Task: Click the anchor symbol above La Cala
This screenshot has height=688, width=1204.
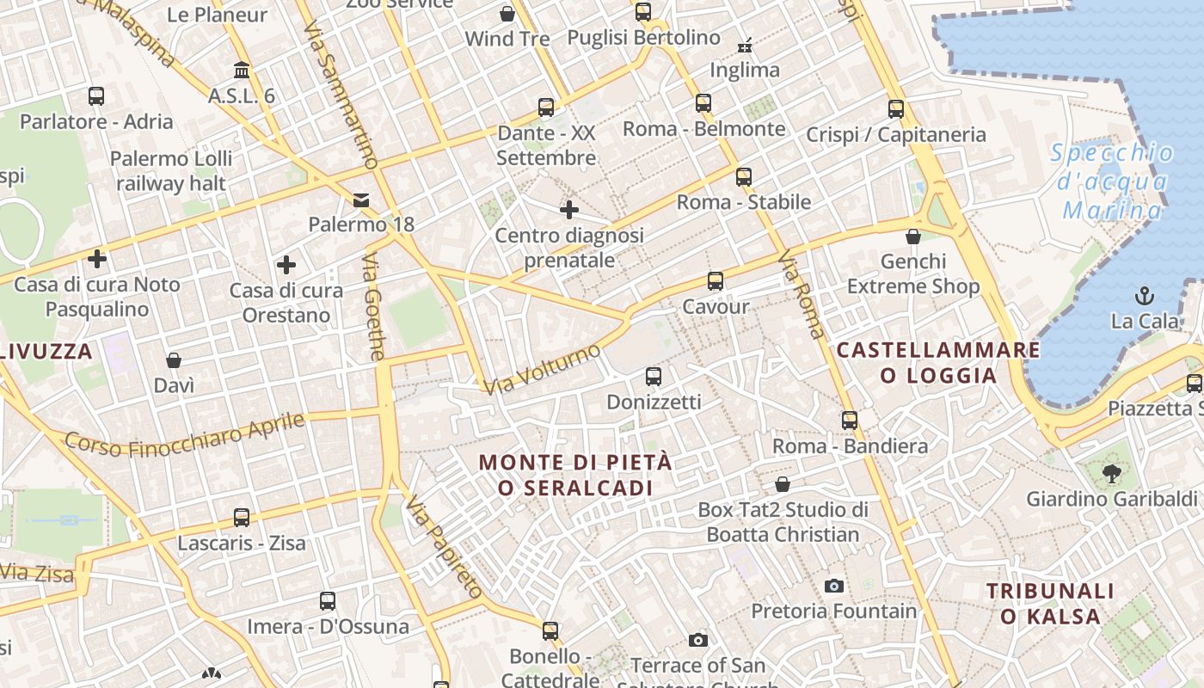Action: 1145,297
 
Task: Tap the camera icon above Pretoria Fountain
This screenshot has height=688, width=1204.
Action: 833,586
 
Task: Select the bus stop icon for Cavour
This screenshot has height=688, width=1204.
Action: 715,281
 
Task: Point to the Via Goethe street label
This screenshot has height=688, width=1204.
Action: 374,306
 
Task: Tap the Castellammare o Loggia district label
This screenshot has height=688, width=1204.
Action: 938,362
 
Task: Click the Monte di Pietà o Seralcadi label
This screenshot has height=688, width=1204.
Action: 575,475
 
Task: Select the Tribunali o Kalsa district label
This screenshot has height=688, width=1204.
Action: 1050,603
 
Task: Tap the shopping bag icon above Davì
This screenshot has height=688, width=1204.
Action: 174,359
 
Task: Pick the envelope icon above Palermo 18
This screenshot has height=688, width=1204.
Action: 361,200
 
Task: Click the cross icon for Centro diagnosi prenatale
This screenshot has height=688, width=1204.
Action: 568,210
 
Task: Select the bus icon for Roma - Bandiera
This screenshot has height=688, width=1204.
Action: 850,421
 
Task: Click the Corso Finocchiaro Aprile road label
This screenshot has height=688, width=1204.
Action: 185,435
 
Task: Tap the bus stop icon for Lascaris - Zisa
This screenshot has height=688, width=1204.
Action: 242,518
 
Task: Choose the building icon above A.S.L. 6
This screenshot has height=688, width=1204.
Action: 242,70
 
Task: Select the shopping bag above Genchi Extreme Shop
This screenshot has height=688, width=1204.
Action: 913,236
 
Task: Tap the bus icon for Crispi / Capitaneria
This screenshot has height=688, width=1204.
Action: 896,109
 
